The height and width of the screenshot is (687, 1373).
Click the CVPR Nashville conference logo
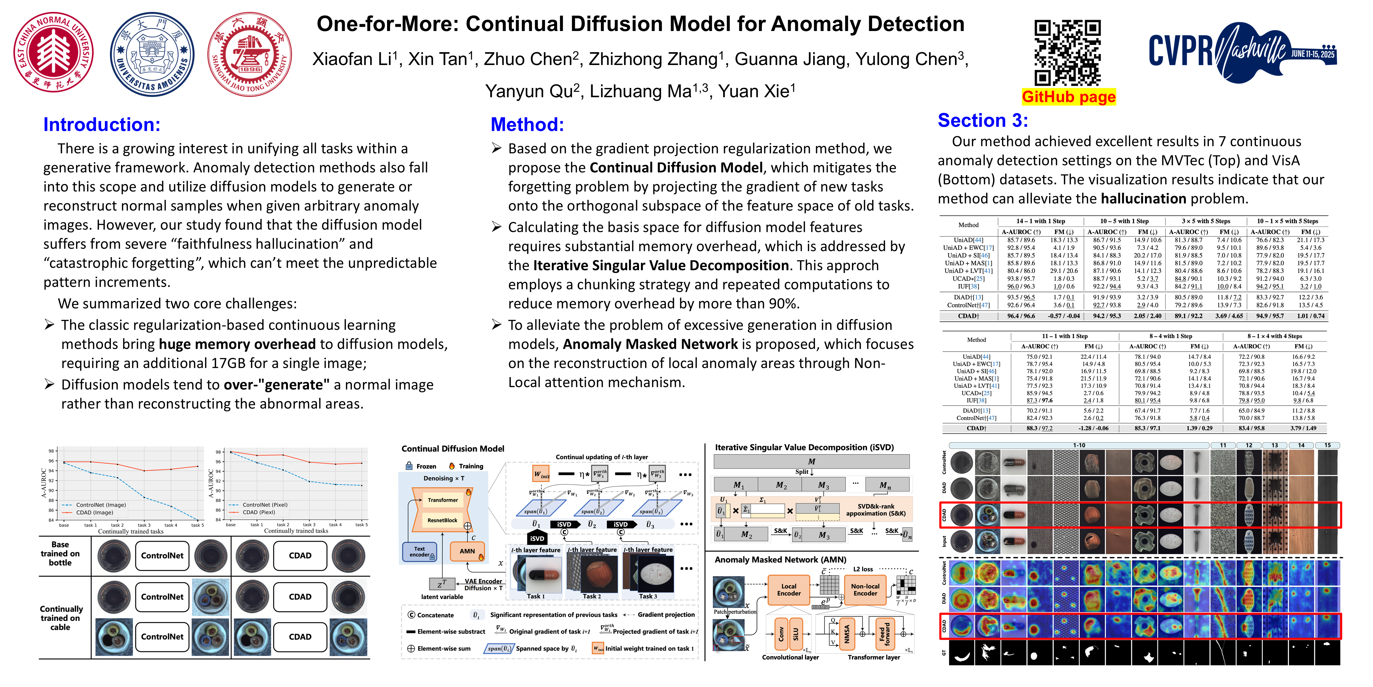(1242, 52)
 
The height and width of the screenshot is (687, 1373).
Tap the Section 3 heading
(982, 120)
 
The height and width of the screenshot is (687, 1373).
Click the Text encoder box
(420, 552)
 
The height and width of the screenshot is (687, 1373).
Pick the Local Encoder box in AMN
(788, 589)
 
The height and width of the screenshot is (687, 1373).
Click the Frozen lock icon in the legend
(409, 466)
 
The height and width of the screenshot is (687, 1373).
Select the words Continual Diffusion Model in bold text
(676, 168)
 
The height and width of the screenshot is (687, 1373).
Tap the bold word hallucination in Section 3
(1143, 198)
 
